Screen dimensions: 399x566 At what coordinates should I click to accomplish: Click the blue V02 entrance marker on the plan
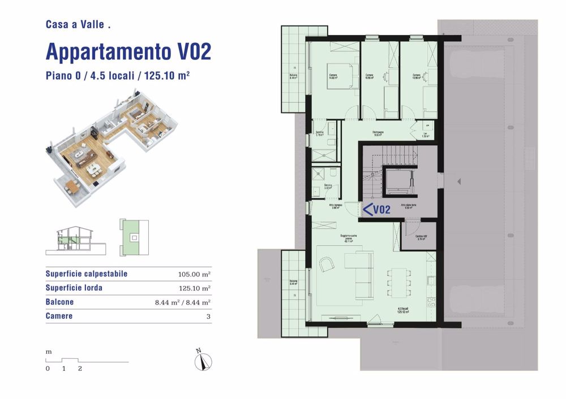click(376, 210)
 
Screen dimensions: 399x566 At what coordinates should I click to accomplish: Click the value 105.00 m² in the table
click(194, 274)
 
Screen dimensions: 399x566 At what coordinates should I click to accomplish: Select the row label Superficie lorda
click(74, 288)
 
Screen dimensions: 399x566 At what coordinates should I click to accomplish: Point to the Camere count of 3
click(208, 316)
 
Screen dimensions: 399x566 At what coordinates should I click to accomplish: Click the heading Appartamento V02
click(128, 52)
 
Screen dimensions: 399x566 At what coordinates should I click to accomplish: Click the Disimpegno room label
click(378, 134)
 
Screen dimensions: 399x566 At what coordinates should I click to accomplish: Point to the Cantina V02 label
click(421, 237)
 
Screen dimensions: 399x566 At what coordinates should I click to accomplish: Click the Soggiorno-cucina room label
click(348, 237)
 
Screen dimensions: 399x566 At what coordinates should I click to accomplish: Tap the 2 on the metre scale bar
click(80, 368)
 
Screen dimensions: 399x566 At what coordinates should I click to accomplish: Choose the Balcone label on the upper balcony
click(293, 77)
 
